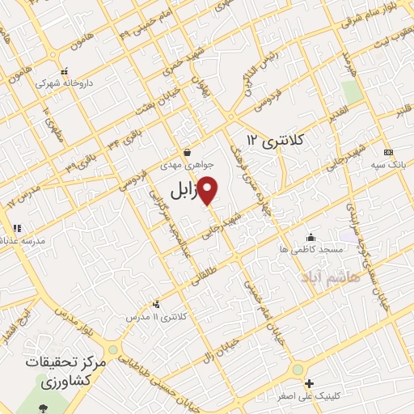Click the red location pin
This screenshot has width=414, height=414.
pyautogui.click(x=208, y=189)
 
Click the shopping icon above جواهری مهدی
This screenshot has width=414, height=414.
pyautogui.click(x=187, y=151)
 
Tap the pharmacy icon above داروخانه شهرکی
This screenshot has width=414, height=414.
pyautogui.click(x=65, y=70)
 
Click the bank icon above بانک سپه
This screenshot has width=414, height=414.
pyautogui.click(x=389, y=152)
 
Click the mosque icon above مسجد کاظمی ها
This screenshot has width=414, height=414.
pyautogui.click(x=310, y=237)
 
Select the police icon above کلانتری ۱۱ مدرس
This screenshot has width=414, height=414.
pyautogui.click(x=156, y=304)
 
